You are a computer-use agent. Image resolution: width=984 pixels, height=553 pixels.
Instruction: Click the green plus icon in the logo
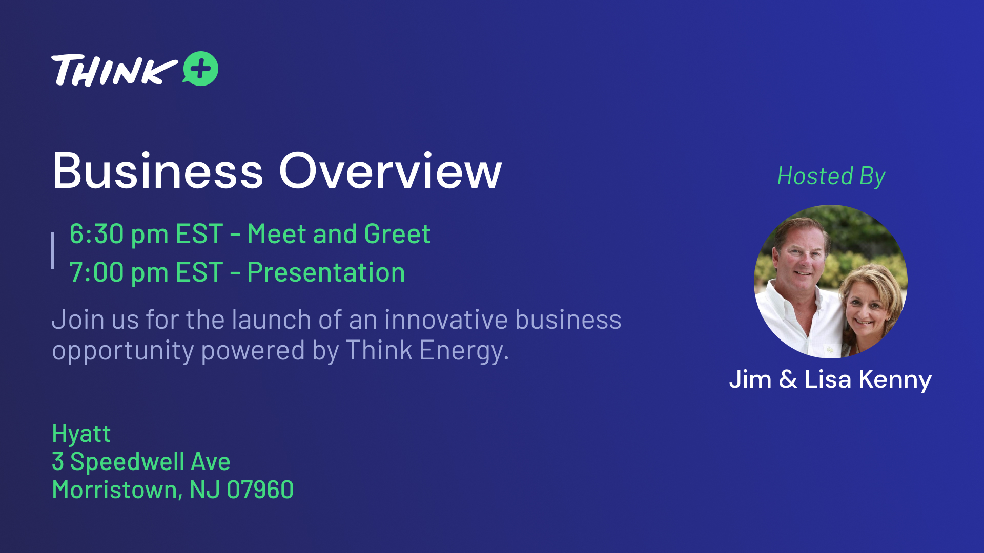pos(200,69)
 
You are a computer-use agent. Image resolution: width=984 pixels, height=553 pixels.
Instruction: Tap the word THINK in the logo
pos(114,70)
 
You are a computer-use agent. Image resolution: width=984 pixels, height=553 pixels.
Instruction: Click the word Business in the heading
pos(158,171)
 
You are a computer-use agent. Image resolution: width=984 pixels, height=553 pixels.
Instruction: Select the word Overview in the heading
pos(391,171)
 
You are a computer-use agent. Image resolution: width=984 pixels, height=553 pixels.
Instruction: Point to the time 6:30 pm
pos(119,235)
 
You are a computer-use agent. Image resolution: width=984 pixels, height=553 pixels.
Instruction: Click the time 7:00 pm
pos(119,272)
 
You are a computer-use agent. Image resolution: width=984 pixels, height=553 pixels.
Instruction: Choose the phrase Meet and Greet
pos(339,234)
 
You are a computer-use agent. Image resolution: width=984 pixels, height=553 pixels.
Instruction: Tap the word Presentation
pos(326,272)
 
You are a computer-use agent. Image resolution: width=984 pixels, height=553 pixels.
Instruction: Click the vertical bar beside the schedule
pos(53,251)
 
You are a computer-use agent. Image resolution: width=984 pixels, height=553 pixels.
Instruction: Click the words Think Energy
pos(427,351)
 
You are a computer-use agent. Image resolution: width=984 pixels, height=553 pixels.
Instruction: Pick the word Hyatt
pos(81,434)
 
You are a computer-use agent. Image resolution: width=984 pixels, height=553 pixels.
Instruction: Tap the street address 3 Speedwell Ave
pos(141,462)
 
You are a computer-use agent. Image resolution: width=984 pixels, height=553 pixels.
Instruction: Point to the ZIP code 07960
pos(260,490)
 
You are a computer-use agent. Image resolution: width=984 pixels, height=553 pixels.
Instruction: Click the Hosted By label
pos(831,177)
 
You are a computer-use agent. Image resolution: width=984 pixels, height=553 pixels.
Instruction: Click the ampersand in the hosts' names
pos(788,379)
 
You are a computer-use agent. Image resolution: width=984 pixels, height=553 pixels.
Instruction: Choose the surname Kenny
pos(895,380)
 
